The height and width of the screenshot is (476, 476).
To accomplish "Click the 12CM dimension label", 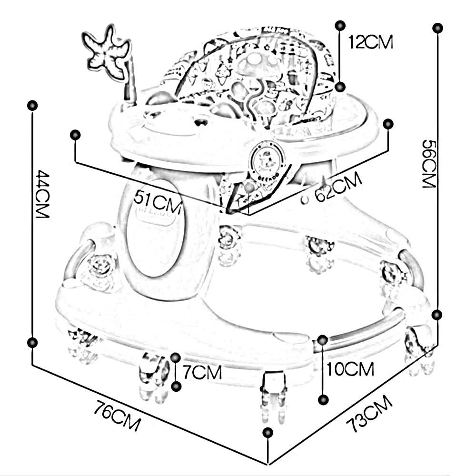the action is [x=371, y=42].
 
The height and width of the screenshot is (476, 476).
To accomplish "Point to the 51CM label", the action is [x=158, y=197].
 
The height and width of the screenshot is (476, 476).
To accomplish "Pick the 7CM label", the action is [x=202, y=372].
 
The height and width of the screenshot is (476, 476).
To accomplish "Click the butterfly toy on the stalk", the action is [x=106, y=50].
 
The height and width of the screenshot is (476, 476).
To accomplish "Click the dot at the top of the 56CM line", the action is [x=437, y=28].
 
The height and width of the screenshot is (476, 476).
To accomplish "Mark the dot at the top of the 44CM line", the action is [x=32, y=105].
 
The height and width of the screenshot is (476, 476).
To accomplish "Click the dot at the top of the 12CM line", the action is [x=339, y=25].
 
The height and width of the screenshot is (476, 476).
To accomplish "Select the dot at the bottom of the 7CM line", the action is [x=177, y=386].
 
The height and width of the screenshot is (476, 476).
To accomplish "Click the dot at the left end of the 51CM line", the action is [x=75, y=135].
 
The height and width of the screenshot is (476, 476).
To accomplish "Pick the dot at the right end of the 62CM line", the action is [x=388, y=124].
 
